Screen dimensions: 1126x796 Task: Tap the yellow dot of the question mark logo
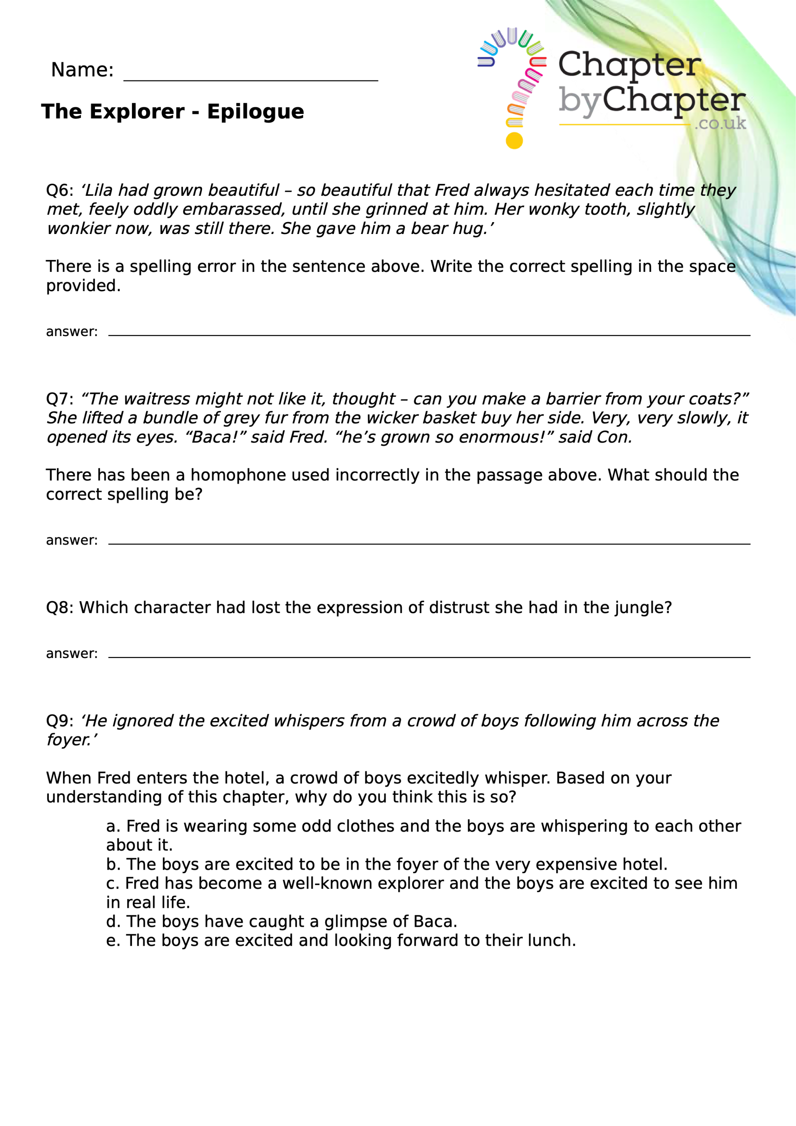514,141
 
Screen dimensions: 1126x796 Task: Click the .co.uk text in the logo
720,123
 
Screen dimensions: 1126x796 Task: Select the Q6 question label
59,190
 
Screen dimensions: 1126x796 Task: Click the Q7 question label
59,398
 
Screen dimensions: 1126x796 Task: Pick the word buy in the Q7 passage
495,418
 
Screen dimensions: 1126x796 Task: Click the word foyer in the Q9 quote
69,739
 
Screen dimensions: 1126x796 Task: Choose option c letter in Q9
112,883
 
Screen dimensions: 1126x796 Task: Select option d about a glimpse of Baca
281,921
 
